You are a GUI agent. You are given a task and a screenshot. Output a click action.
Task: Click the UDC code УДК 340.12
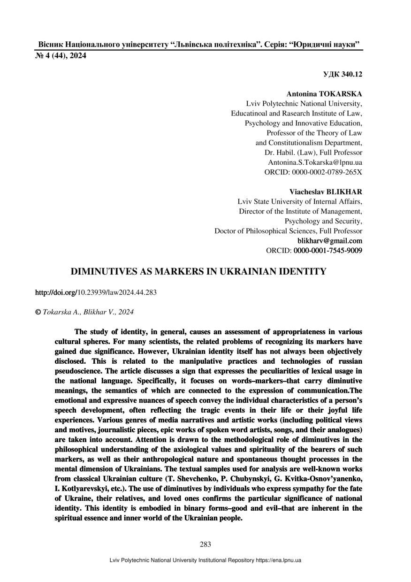tap(342, 74)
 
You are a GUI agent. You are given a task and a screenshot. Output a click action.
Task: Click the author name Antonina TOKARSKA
tap(324, 94)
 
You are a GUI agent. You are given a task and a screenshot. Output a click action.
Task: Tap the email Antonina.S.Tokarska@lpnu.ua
tap(315, 162)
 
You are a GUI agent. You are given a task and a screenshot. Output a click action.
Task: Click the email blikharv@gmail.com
tap(330, 241)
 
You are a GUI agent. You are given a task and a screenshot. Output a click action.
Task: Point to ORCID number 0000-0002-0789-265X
tap(327, 172)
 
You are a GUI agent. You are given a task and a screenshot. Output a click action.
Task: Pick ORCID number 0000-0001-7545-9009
tap(327, 251)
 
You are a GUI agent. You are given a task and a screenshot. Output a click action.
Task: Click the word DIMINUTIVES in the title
tap(103, 272)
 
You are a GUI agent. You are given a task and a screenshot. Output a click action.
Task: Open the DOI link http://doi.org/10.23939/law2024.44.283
tap(96, 292)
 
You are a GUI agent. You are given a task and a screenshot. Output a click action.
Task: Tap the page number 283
tap(205, 544)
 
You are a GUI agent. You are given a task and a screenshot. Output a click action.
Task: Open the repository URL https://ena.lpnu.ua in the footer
tap(278, 560)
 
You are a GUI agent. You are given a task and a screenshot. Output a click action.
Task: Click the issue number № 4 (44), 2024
tap(61, 56)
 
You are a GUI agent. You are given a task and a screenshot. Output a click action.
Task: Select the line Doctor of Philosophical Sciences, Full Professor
tap(288, 231)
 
